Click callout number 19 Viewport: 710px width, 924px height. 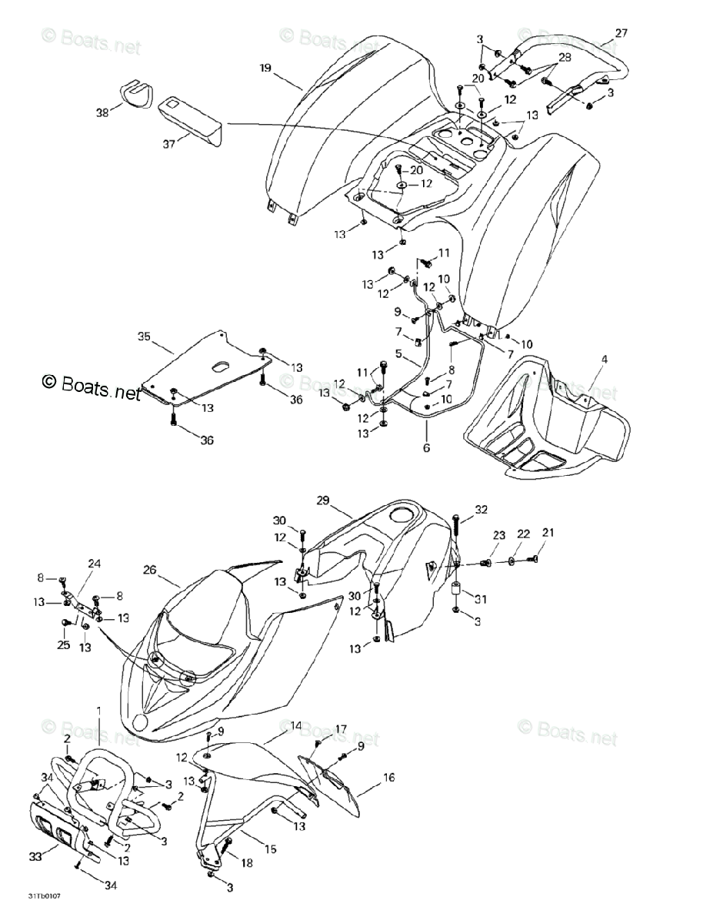(265, 69)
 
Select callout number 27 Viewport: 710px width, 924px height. (621, 32)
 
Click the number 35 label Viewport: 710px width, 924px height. (142, 336)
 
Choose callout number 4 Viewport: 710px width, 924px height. (604, 360)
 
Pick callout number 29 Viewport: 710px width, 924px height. (322, 500)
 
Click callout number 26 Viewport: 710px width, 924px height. (151, 570)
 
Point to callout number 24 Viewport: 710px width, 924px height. (95, 564)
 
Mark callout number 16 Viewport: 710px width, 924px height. (388, 778)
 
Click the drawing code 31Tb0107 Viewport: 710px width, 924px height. (45, 896)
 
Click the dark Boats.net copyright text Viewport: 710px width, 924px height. (92, 386)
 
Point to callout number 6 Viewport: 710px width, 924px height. (425, 447)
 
